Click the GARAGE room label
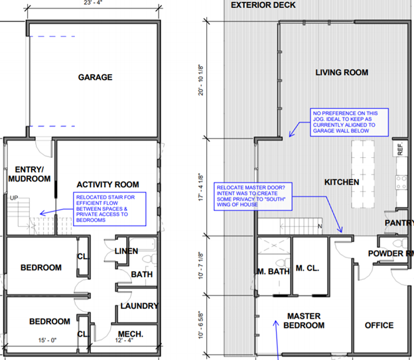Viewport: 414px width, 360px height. [x=95, y=77]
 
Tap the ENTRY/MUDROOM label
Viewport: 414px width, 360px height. [x=29, y=174]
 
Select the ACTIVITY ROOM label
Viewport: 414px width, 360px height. [x=107, y=184]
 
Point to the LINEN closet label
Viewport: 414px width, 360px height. [x=126, y=251]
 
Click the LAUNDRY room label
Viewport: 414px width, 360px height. [x=139, y=306]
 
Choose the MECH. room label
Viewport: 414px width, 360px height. [x=131, y=334]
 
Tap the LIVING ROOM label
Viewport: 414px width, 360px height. [x=342, y=72]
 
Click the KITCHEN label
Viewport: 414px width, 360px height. [x=342, y=182]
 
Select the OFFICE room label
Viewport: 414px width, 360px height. [x=379, y=325]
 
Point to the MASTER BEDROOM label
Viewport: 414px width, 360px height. [x=304, y=320]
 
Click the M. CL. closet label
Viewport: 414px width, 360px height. [x=307, y=268]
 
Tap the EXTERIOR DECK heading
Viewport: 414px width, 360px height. [x=263, y=5]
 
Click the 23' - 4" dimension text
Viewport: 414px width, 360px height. [x=93, y=3]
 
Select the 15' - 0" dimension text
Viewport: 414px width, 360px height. [x=48, y=340]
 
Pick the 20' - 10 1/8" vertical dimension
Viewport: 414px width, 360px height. [x=201, y=80]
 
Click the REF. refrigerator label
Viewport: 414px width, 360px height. [x=400, y=149]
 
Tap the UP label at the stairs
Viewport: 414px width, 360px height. [x=14, y=198]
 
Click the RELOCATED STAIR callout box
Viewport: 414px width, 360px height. [x=109, y=209]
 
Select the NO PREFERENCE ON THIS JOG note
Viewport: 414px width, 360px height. [x=349, y=122]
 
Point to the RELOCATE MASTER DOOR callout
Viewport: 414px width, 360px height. [x=253, y=196]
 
